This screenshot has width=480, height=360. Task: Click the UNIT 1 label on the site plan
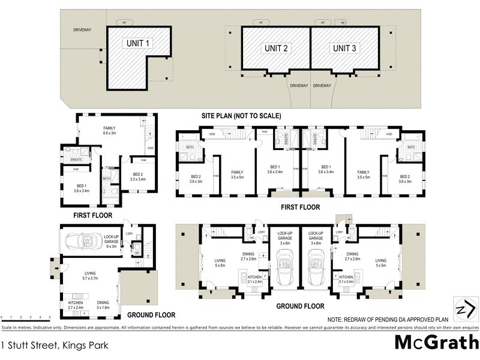(139, 43)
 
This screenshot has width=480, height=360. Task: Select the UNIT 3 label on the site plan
(348, 47)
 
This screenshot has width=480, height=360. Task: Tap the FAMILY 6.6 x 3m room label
(109, 131)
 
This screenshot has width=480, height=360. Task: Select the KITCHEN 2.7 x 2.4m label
(76, 305)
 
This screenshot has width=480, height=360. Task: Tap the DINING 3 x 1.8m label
(104, 305)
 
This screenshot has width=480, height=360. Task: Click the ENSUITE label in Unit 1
(76, 160)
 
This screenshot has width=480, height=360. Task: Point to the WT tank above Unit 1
(124, 22)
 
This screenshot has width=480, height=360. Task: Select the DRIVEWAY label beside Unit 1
(82, 29)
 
